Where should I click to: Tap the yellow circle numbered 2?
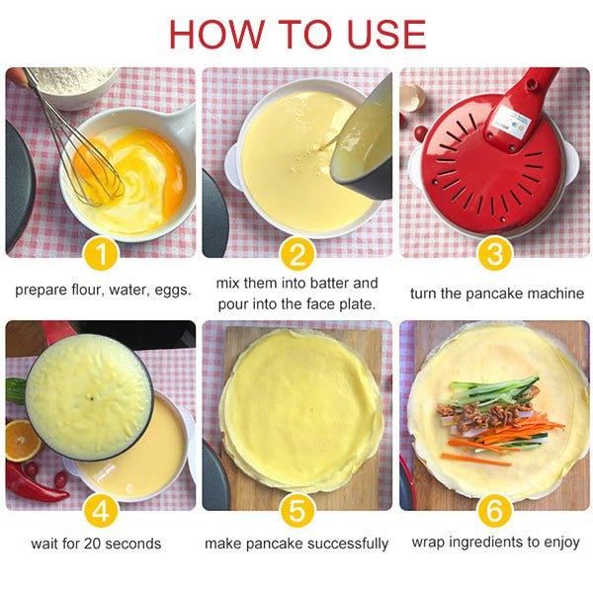point(296,256)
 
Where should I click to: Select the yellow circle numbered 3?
point(493,256)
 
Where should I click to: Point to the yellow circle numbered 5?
point(296,510)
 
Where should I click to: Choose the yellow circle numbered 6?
point(493,510)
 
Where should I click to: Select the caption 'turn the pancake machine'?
point(495,293)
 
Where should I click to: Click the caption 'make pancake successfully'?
point(296,543)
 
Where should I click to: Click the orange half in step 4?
point(22,440)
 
